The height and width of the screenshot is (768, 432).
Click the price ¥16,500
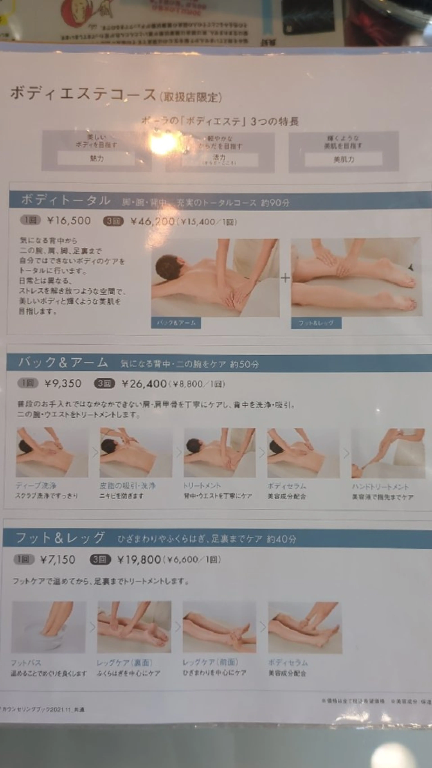pos(69,221)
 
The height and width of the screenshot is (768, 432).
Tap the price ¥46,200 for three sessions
pos(152,222)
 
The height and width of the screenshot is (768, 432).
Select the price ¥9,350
pos(63,383)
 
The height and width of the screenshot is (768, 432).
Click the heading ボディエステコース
pos(83,94)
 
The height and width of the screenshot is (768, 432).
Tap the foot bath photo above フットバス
pos(49,627)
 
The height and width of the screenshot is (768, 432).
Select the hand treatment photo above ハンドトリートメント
pos(388,453)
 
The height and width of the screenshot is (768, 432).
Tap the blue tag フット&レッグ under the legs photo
pos(316,323)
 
